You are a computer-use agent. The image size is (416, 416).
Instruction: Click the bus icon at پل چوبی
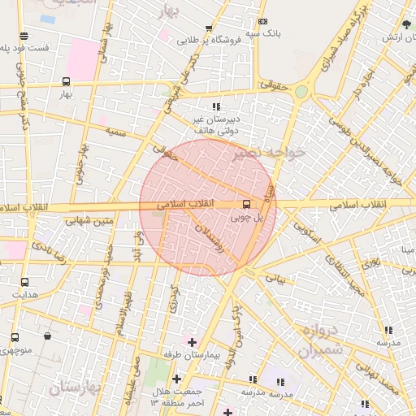tap(246, 204)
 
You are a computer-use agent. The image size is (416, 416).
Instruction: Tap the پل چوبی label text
tap(247, 217)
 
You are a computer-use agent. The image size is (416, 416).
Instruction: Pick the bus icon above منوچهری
tap(15, 337)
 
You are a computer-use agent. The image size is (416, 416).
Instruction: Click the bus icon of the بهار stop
tap(66, 81)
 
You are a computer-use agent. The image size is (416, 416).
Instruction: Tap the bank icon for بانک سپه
tap(262, 21)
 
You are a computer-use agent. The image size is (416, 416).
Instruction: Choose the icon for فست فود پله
tap(24, 36)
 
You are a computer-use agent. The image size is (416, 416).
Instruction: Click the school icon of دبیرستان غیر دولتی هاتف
tap(215, 106)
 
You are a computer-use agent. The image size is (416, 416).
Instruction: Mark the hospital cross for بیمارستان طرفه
tap(192, 341)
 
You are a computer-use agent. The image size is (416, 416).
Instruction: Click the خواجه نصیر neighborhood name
tap(268, 153)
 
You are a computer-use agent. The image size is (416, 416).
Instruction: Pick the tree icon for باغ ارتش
tap(405, 24)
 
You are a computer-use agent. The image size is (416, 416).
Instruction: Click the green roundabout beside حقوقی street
tap(301, 93)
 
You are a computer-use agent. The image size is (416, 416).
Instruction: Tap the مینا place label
tap(404, 249)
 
